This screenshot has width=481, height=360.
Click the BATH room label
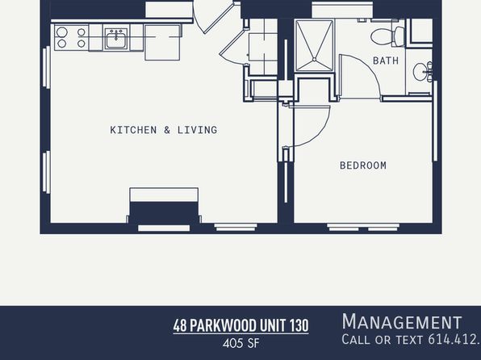[x=386, y=61]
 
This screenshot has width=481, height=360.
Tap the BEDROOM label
[x=363, y=165]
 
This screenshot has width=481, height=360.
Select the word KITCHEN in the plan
[x=133, y=130]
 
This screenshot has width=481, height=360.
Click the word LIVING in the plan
[x=197, y=130]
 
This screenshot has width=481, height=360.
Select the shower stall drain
[x=314, y=60]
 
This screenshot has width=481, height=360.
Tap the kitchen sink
[x=116, y=39]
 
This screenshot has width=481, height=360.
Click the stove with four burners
[x=72, y=37]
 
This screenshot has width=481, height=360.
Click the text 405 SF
[x=241, y=343]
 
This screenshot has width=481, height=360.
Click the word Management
[x=402, y=321]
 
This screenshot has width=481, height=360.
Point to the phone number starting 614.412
[x=454, y=339]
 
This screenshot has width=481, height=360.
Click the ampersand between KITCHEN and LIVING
[x=167, y=130]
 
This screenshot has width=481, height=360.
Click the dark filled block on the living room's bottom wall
[x=164, y=212]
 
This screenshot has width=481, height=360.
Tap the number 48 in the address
[x=180, y=325]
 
